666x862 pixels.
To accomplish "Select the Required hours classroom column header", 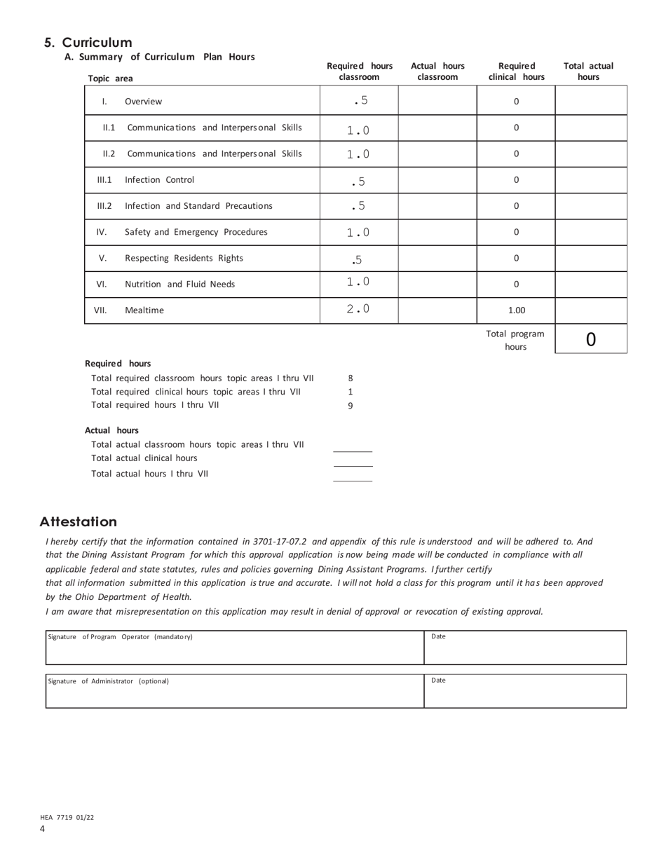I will point(359,71).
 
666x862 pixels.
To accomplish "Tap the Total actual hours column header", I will point(588,71).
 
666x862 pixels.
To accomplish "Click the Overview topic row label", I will point(143,102).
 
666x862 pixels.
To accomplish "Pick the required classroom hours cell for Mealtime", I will point(359,309).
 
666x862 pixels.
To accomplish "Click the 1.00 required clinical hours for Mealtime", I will point(516,310).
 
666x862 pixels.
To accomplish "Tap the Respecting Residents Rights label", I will point(184,258).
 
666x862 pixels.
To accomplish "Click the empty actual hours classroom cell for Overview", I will point(437,102).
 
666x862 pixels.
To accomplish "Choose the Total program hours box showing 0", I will point(590,339).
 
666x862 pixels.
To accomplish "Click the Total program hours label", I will point(515,340).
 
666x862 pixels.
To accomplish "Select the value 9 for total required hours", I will point(351,405).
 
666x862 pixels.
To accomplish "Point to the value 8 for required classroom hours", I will point(351,378).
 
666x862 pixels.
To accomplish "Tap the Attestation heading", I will point(79,521).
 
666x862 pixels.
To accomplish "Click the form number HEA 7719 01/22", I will point(67,817).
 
